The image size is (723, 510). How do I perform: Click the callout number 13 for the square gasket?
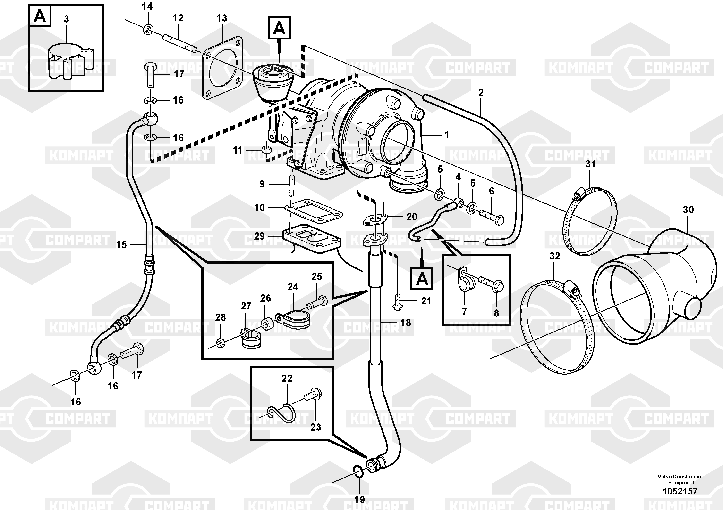pos(222,18)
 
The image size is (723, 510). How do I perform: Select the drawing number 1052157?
pos(680,491)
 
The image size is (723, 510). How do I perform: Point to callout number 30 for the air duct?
pos(688,210)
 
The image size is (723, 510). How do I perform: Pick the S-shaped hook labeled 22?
pos(281,412)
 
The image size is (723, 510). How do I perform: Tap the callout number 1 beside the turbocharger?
pos(447,135)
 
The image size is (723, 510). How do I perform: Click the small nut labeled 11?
pos(266,149)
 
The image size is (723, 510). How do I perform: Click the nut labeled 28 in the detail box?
pos(221,343)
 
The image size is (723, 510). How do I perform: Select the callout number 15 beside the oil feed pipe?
pos(121,245)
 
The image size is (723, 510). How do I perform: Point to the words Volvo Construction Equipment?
pos(681,479)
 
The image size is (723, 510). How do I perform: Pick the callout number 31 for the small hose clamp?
pos(590,164)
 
